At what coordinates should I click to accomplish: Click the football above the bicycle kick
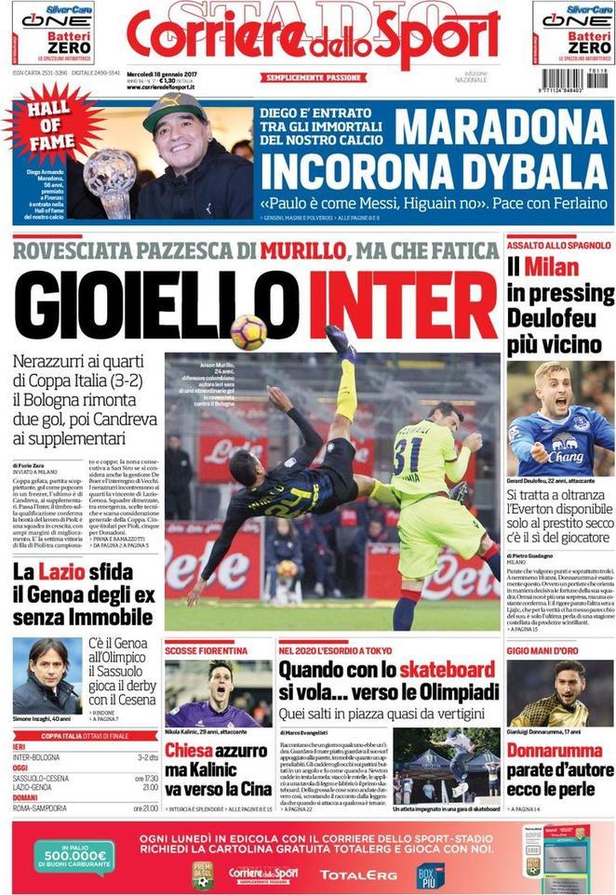248,332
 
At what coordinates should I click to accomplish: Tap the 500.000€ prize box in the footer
74,854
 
